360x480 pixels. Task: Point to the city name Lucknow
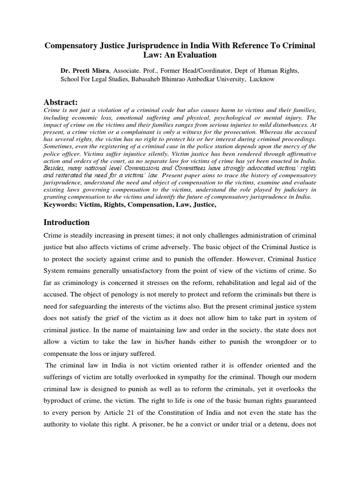pyautogui.click(x=262, y=79)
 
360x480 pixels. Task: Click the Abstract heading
pyautogui.click(x=60, y=102)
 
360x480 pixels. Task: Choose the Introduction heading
pyautogui.click(x=67, y=222)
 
